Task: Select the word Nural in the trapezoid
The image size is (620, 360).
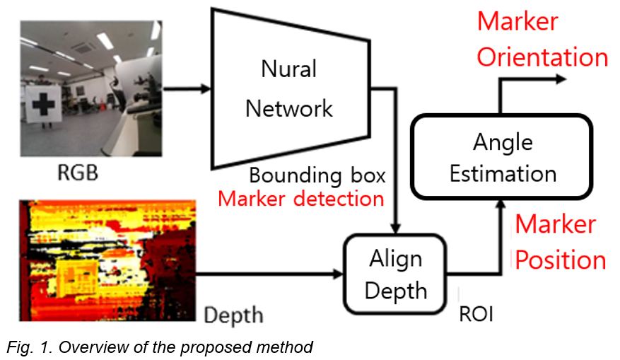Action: point(288,69)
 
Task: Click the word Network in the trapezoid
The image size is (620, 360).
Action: point(288,108)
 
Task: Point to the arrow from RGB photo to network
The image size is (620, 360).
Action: point(187,88)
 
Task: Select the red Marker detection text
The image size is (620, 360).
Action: point(300,199)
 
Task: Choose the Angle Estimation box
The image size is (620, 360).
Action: point(503,156)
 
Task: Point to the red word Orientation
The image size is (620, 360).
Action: point(542,57)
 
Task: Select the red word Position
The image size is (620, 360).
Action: point(560,260)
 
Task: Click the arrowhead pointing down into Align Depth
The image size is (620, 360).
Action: point(397,228)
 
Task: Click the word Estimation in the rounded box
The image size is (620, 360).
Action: point(503,173)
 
